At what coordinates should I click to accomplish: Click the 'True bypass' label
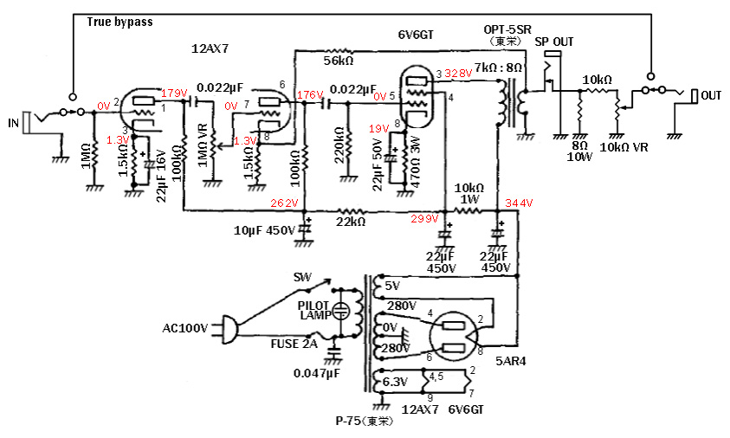click(120, 22)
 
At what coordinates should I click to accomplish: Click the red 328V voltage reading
click(459, 74)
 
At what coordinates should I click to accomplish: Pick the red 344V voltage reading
click(521, 203)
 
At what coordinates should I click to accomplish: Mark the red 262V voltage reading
click(285, 203)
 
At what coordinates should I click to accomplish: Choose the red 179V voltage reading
click(174, 92)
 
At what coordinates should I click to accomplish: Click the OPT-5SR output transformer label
click(507, 29)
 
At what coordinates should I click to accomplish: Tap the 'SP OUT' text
click(554, 42)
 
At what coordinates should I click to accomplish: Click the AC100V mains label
click(184, 329)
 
